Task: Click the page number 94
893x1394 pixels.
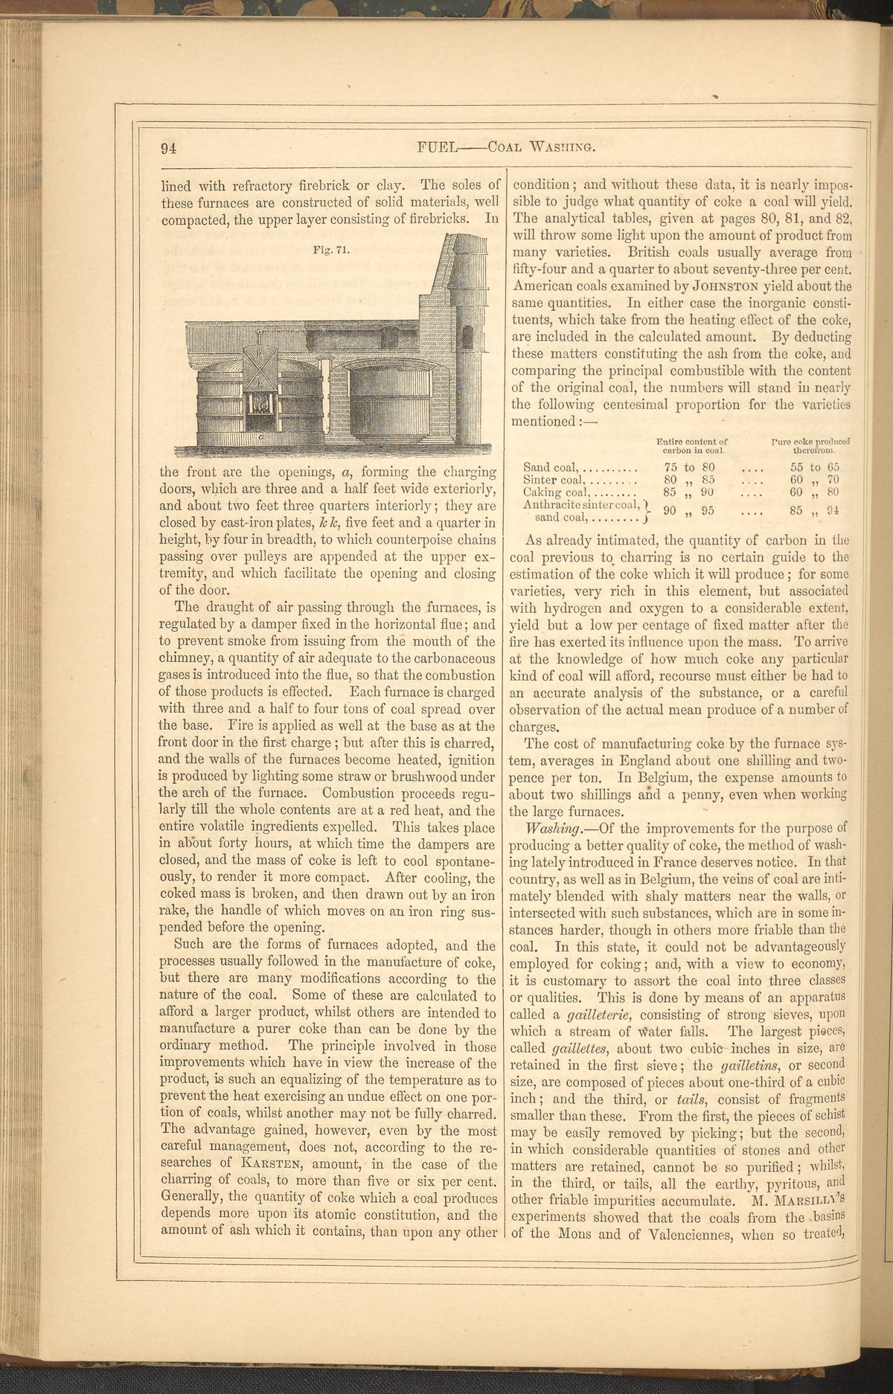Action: (x=168, y=148)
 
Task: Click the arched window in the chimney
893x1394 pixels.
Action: (x=467, y=338)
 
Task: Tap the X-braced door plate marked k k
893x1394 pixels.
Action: (x=260, y=367)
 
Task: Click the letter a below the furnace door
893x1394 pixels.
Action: (x=261, y=440)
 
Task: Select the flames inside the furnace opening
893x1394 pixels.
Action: (x=260, y=403)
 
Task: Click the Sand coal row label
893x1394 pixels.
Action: (x=551, y=467)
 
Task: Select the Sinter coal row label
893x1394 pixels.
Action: (x=553, y=480)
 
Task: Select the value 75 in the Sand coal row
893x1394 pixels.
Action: (x=670, y=467)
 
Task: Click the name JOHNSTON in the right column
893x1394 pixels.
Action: (x=723, y=286)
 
